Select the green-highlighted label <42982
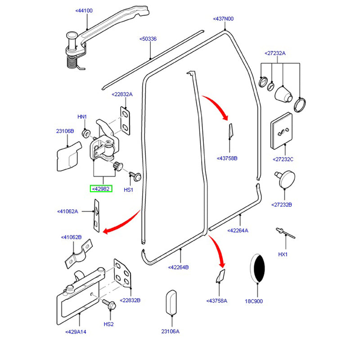[x=101, y=189]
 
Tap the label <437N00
[x=223, y=19]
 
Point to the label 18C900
[x=253, y=301]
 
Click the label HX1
[x=283, y=254]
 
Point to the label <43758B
[x=227, y=158]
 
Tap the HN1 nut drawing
[x=85, y=134]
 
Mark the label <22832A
[x=122, y=94]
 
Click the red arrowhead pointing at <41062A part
[x=106, y=231]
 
